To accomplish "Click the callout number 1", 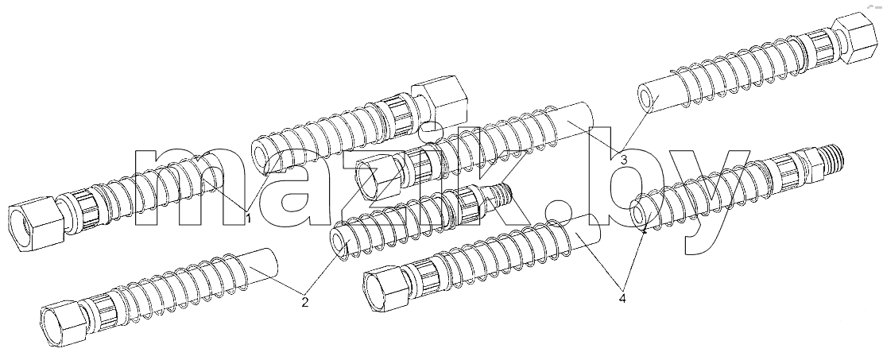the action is [248, 218].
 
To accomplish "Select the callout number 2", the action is [304, 303].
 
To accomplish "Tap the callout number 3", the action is [623, 160].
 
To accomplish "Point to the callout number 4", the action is [622, 298].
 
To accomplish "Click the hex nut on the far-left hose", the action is [36, 223].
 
